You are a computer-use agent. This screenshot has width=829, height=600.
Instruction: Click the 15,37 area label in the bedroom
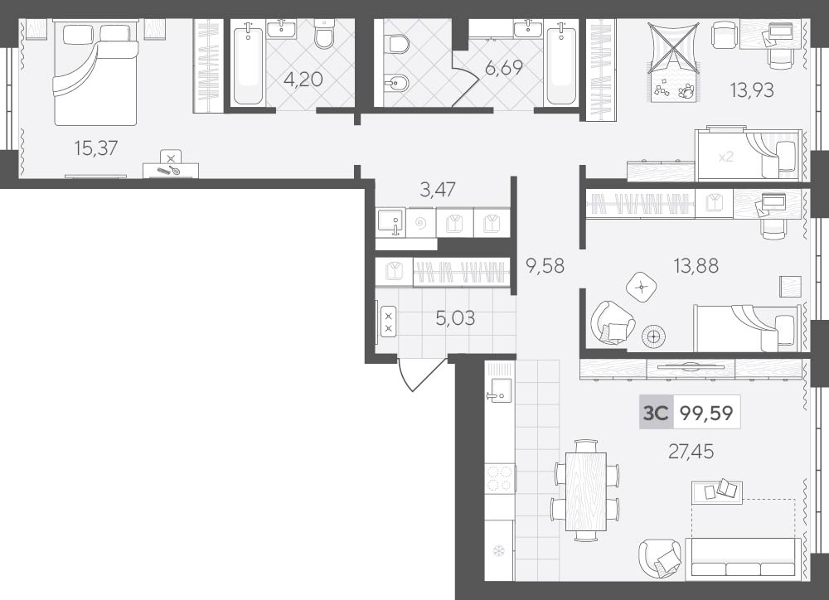95,148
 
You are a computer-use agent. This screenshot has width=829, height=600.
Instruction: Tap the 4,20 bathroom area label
303,80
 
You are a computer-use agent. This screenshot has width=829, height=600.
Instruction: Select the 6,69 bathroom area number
503,68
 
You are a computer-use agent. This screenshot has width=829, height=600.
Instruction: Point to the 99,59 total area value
706,413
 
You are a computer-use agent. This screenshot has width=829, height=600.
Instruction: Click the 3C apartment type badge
656,413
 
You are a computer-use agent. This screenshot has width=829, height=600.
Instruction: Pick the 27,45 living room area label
691,451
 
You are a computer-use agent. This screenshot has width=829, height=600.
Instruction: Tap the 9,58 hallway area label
545,265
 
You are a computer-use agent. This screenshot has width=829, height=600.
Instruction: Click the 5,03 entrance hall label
455,318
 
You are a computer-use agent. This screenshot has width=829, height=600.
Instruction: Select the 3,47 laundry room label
438,189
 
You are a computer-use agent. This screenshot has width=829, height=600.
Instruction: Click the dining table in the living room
586,491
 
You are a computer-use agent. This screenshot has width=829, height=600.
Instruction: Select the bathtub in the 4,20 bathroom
247,62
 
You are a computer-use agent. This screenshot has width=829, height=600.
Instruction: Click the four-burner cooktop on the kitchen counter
500,478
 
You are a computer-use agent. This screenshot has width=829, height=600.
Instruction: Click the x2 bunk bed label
726,157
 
